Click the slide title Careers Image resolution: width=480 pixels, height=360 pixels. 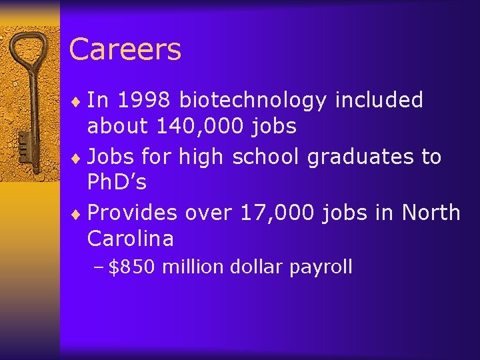coord(125,49)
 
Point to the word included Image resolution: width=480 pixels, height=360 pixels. coord(379,100)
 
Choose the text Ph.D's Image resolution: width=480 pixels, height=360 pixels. coord(117,182)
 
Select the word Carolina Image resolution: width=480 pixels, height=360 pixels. coord(130,238)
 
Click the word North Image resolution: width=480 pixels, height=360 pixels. coord(431,213)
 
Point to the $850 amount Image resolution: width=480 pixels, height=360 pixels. coord(132,267)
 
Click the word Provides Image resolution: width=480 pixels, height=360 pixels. coord(133,213)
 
